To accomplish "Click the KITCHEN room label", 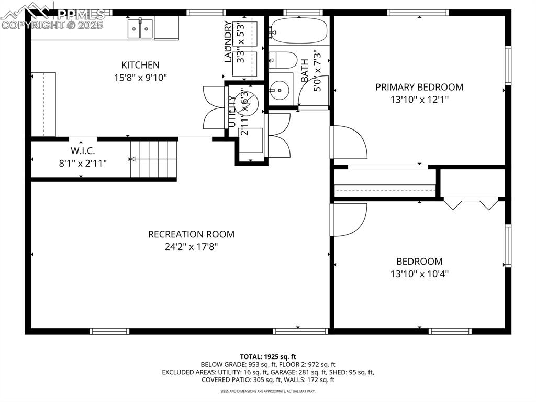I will click(140, 65).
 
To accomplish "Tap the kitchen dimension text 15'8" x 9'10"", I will click(140, 78).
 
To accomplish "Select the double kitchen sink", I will click(140, 28).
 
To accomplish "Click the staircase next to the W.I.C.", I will click(154, 159).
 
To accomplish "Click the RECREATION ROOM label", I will click(191, 234).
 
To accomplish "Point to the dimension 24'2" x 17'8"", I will click(191, 247).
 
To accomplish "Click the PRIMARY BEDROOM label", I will click(419, 87).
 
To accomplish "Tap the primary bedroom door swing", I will click(350, 142).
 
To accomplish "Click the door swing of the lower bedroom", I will click(350, 220).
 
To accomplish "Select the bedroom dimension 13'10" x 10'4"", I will click(419, 274).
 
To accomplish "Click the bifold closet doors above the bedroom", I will click(471, 203).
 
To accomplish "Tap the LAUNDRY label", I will click(228, 42).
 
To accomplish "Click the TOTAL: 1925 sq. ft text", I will click(268, 356).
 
